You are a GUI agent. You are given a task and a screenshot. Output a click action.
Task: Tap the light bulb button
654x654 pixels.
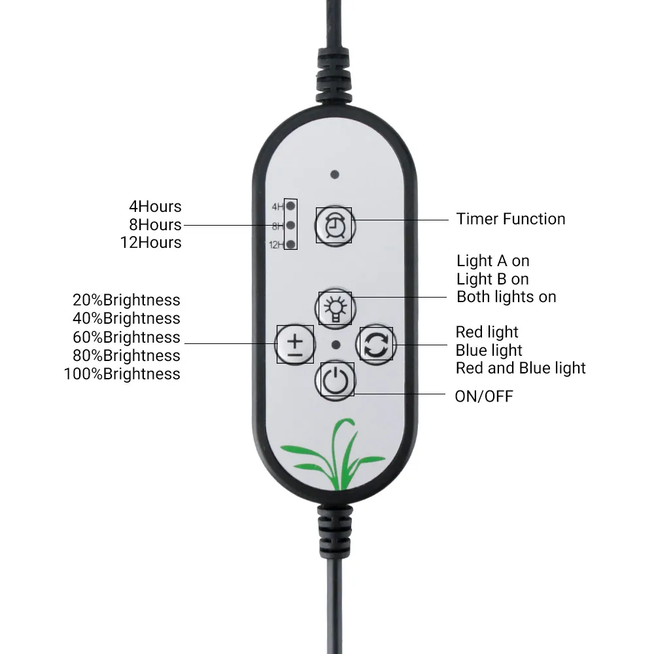[334, 307]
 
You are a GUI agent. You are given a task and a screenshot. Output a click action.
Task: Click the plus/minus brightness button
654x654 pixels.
[296, 344]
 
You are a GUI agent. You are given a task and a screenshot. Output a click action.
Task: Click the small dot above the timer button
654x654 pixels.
[335, 175]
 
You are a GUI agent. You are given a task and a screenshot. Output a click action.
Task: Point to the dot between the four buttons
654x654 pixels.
[336, 345]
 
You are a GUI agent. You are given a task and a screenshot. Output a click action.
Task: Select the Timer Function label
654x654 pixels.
[511, 219]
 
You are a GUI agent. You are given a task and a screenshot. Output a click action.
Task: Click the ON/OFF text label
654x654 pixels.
[484, 396]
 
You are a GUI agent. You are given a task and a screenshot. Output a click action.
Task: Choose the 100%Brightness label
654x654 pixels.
[122, 374]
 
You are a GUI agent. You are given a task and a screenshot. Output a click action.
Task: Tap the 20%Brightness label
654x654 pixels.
[126, 300]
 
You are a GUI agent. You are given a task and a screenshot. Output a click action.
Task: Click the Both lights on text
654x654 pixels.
[506, 297]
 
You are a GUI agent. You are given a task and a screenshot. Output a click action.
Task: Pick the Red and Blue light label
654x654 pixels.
[521, 368]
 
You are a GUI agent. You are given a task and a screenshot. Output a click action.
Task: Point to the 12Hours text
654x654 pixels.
[150, 243]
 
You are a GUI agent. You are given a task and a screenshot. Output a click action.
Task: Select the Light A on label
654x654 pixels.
[492, 261]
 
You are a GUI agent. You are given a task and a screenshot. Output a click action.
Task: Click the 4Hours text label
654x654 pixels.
[155, 207]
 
